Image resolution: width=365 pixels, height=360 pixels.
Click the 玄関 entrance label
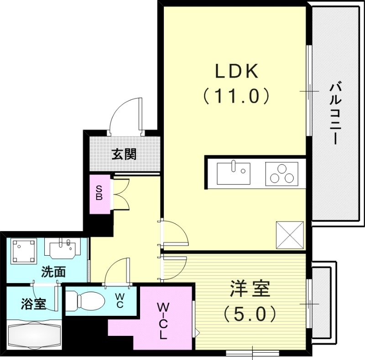(124, 154)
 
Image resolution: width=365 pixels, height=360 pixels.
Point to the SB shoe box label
(99, 194)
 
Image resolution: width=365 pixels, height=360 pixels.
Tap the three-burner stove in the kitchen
(281, 174)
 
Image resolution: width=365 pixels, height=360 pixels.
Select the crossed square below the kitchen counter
(290, 235)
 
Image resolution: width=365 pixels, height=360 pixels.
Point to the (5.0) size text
(249, 314)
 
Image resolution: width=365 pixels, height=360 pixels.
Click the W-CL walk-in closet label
(163, 321)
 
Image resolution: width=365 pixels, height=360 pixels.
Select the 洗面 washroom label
(53, 273)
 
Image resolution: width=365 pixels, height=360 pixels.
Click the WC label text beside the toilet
(119, 301)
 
